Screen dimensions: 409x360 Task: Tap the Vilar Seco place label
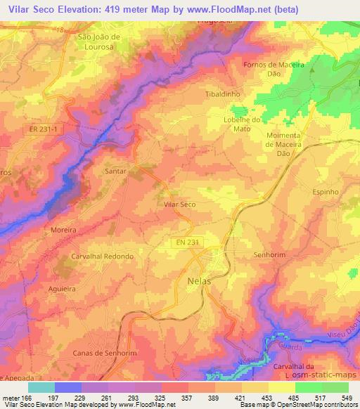[179, 204]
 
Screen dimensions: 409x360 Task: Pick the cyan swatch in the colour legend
[41, 387]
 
